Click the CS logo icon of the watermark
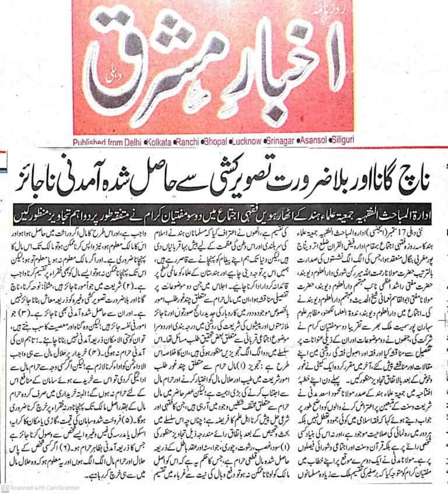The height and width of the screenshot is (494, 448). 5,488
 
